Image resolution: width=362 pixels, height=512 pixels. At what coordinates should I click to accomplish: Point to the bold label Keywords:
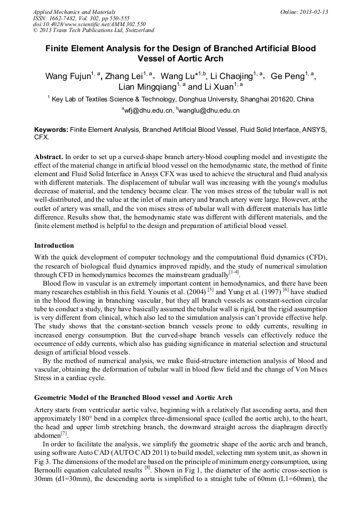pyautogui.click(x=51, y=130)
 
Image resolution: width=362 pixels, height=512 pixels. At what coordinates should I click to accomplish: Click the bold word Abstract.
pyautogui.click(x=48, y=157)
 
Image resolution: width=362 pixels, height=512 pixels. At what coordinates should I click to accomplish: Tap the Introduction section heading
pyautogui.click(x=54, y=246)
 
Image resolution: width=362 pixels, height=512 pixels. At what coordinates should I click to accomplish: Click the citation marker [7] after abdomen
pyautogui.click(x=64, y=433)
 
